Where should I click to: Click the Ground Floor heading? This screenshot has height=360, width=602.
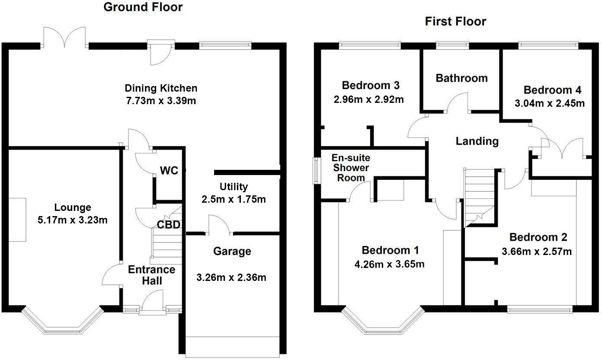pyautogui.click(x=143, y=7)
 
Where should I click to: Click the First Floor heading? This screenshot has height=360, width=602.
pyautogui.click(x=455, y=22)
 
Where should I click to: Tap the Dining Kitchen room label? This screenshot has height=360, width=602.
pyautogui.click(x=161, y=88)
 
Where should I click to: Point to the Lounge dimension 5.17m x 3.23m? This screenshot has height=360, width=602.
pyautogui.click(x=73, y=220)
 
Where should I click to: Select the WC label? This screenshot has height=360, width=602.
pyautogui.click(x=169, y=171)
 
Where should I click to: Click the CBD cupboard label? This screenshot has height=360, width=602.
pyautogui.click(x=169, y=225)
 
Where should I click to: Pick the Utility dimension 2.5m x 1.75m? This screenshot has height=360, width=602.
pyautogui.click(x=234, y=199)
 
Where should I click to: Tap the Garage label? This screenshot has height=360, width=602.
pyautogui.click(x=232, y=252)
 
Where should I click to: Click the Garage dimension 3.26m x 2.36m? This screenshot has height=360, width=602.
pyautogui.click(x=231, y=277)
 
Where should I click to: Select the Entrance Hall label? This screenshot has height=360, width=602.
pyautogui.click(x=152, y=275)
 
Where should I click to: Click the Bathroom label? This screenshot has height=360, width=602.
pyautogui.click(x=462, y=78)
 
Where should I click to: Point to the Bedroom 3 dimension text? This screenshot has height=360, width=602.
pyautogui.click(x=369, y=99)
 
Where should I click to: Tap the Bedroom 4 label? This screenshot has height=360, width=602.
pyautogui.click(x=553, y=90)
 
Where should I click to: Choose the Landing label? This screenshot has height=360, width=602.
pyautogui.click(x=477, y=141)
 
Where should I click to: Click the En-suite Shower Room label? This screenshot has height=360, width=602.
pyautogui.click(x=351, y=168)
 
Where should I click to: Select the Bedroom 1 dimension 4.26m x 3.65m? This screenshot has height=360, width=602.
pyautogui.click(x=389, y=264)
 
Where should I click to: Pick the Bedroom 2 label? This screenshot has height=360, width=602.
pyautogui.click(x=538, y=237)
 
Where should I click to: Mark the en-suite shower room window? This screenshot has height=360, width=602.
pyautogui.click(x=317, y=171)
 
